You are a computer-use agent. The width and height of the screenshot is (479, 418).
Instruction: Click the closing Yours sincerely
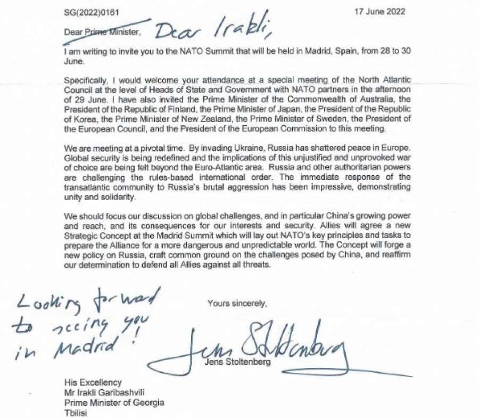(x=237, y=304)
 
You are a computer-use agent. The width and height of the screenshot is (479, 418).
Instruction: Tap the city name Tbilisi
(x=76, y=412)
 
